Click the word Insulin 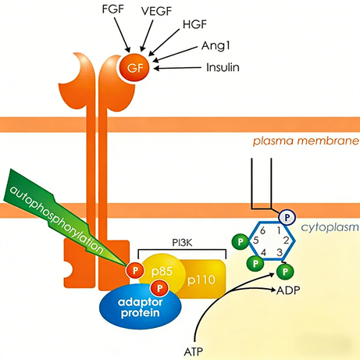pos(222,68)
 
